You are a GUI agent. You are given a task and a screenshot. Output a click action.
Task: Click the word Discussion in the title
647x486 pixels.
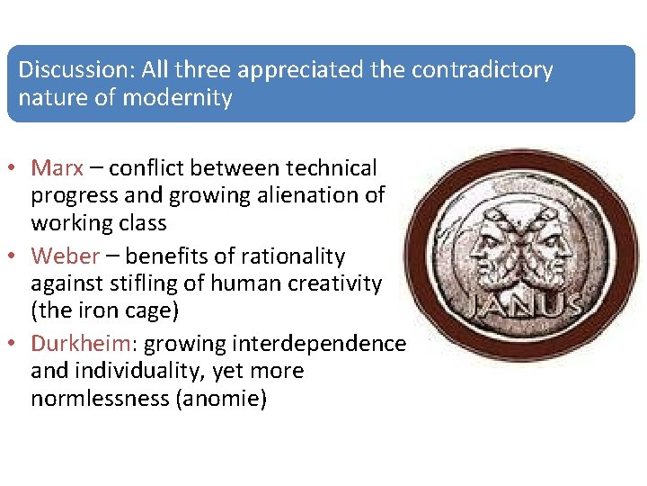click(68, 69)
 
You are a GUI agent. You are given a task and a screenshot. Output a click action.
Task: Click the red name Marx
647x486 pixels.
click(57, 167)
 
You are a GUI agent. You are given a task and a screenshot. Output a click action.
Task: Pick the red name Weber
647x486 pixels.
click(65, 256)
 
